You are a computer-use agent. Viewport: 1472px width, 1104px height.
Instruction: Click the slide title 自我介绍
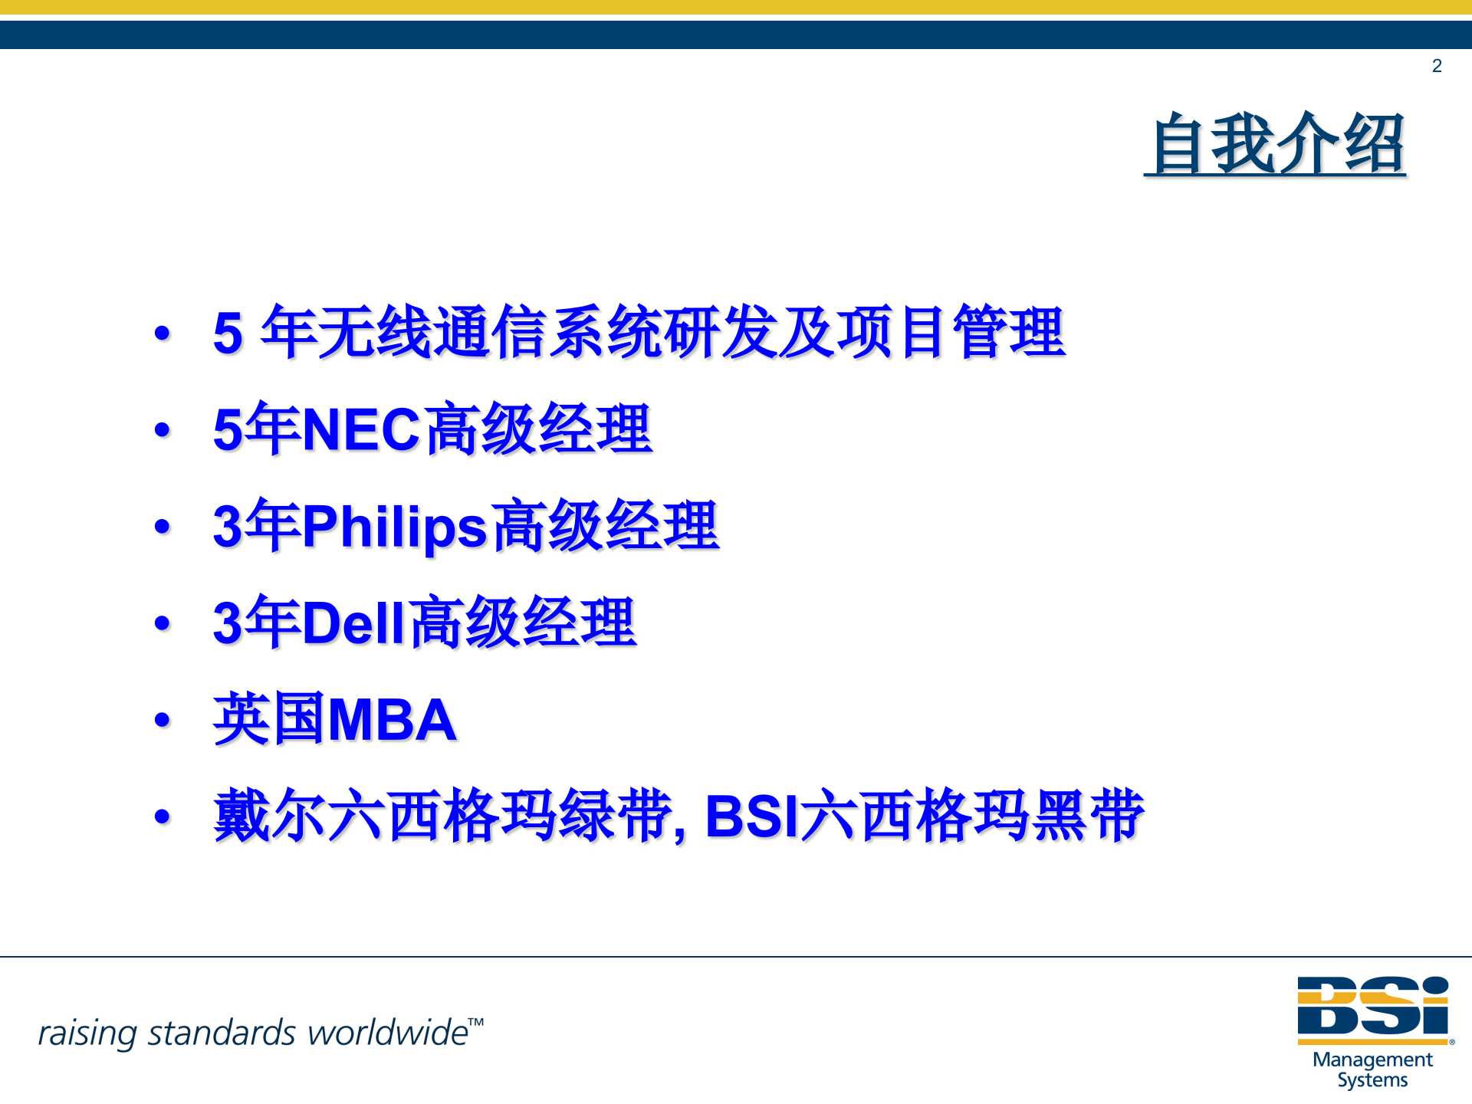pos(1276,144)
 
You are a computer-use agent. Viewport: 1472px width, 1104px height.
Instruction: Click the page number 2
pos(1437,66)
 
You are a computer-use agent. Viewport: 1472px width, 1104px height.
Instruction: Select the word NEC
pos(361,429)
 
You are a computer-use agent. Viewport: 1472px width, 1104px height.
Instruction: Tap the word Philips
pos(394,527)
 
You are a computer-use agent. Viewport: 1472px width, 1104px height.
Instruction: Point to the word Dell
pos(353,623)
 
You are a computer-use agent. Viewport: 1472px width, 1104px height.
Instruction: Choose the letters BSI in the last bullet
pos(751,816)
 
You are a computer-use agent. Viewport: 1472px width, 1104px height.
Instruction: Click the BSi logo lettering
pos(1372,1006)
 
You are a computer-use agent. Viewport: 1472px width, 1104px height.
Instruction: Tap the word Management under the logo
pos(1372,1060)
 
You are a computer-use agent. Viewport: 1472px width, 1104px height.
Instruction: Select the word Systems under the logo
pos(1372,1080)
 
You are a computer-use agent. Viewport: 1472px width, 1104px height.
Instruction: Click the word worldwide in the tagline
pos(387,1033)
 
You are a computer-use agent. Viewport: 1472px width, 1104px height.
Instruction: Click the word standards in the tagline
pos(222,1033)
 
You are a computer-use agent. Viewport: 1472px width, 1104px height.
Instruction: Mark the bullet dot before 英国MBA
pos(162,720)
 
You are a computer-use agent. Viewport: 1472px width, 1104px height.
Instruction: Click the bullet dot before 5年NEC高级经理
pos(162,429)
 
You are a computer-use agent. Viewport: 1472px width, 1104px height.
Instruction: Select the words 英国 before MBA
pos(268,719)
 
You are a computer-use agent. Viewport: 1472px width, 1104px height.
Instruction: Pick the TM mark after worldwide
pos(476,1022)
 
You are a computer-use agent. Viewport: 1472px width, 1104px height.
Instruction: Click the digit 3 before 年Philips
pos(228,527)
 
